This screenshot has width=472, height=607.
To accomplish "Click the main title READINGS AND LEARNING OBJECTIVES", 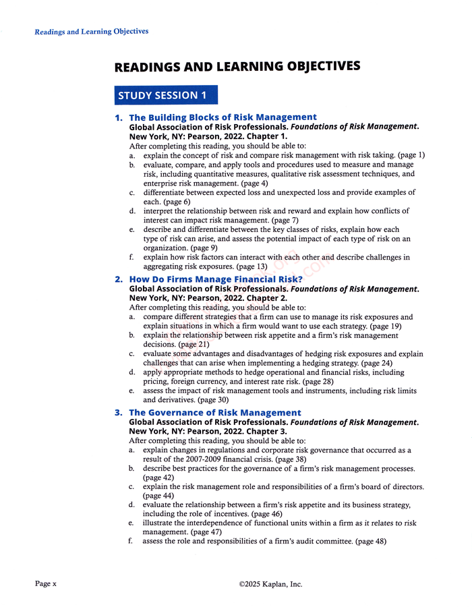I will pos(237,66).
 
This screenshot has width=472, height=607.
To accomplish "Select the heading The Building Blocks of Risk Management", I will pos(223,117).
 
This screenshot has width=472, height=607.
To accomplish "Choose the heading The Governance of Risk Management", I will pos(215,412).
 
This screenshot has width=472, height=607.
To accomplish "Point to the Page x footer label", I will pos(46,583).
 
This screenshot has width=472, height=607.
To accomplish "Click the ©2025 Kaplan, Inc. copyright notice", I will pos(270,584).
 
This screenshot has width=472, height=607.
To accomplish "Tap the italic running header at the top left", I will pos(92,32).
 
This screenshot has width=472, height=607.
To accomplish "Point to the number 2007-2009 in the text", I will pos(199,459).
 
